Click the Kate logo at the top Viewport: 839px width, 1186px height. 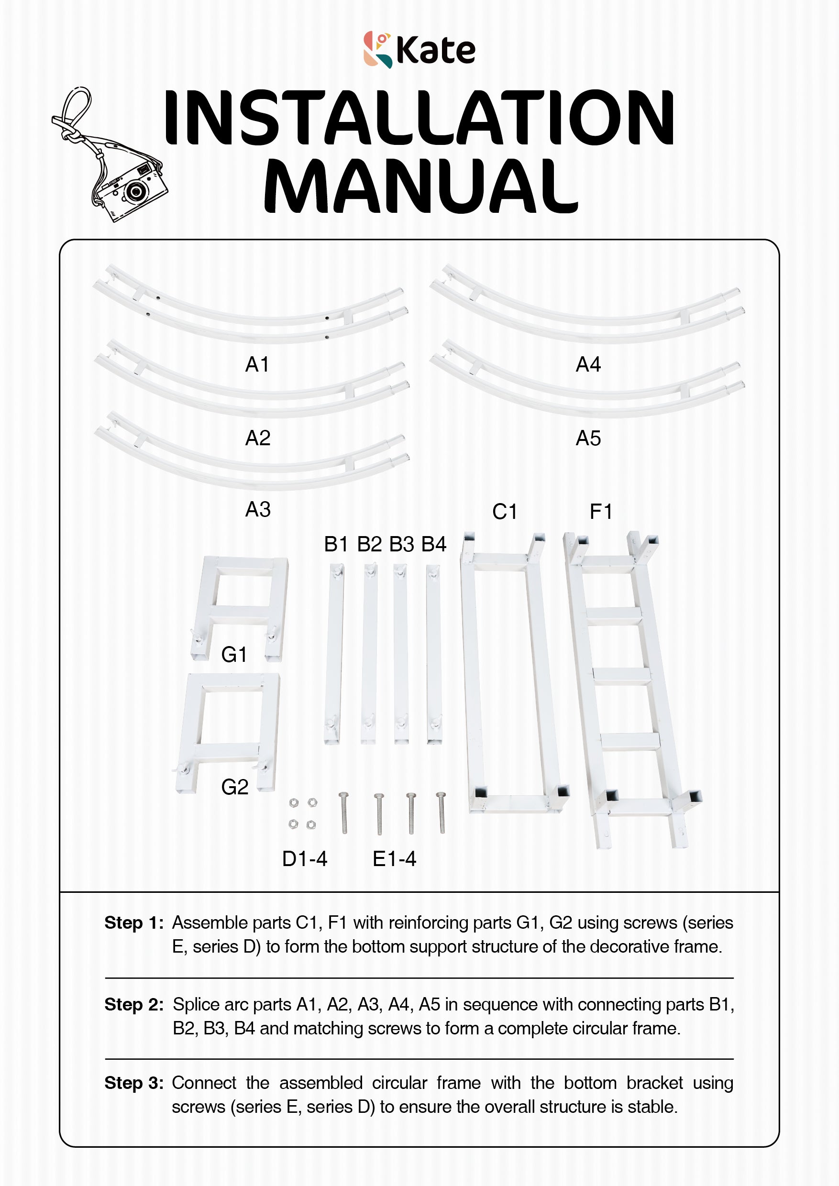[419, 50]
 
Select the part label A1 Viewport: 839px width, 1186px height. [257, 365]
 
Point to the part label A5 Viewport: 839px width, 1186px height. [588, 439]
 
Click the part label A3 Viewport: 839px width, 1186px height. [257, 510]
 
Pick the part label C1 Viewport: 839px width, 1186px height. [504, 512]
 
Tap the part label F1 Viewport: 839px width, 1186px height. [601, 512]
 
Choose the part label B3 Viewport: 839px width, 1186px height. [401, 544]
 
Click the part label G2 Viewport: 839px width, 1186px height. [234, 787]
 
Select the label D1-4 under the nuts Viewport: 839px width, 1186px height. [304, 859]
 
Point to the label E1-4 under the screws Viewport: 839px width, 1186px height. [394, 859]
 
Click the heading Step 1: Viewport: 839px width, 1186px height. [134, 923]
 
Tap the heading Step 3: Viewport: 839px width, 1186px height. [134, 1083]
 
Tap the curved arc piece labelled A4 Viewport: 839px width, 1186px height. [586, 315]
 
